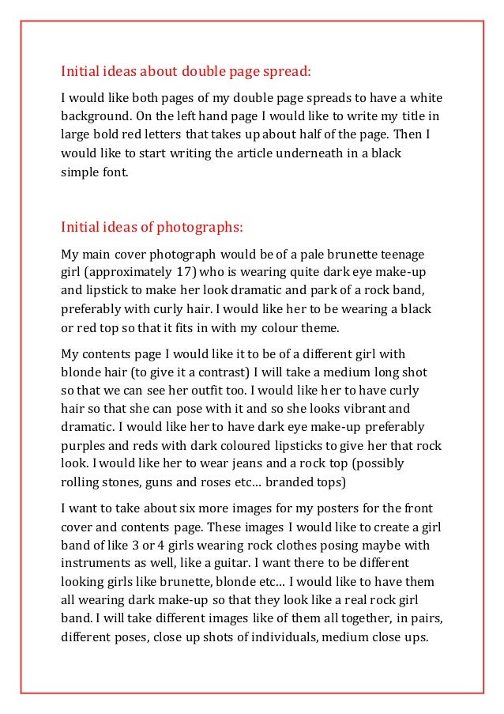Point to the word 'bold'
click(112, 134)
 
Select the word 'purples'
click(85, 444)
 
